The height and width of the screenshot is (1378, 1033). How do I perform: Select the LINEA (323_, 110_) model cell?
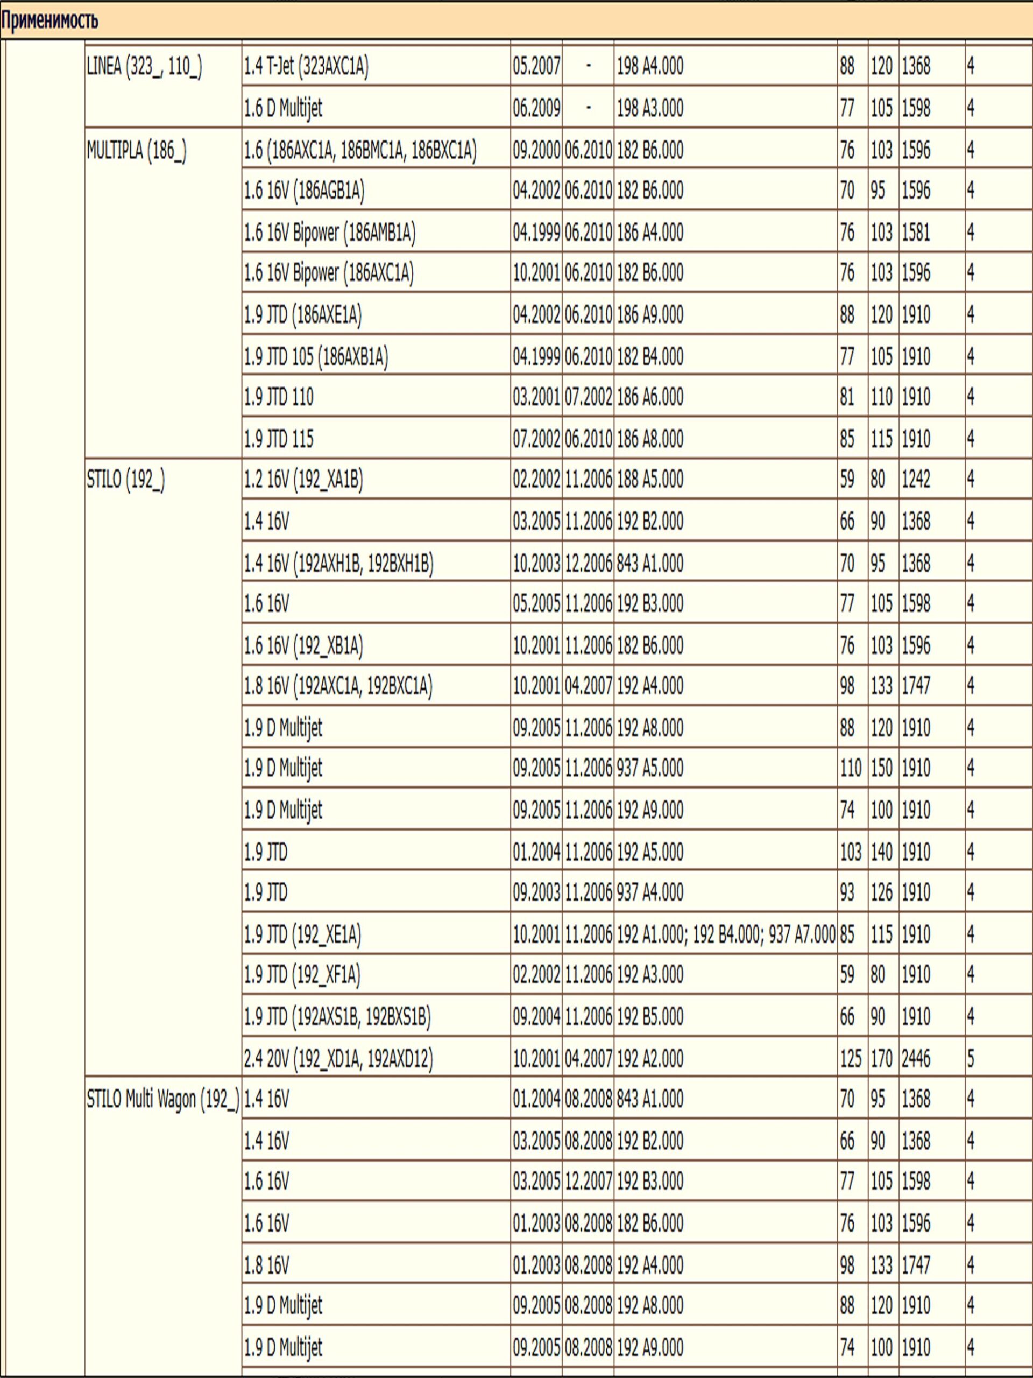(x=144, y=67)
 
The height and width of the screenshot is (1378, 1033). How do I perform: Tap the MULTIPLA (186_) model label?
(x=136, y=150)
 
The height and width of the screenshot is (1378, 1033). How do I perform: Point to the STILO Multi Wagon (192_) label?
(x=162, y=1100)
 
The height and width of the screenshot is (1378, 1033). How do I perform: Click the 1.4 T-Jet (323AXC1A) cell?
(x=306, y=67)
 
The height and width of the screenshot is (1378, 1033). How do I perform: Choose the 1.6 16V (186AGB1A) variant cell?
(x=304, y=191)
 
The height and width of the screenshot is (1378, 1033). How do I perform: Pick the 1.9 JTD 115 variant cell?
(x=278, y=439)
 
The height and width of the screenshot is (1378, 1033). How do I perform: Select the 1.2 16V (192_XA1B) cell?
(x=303, y=480)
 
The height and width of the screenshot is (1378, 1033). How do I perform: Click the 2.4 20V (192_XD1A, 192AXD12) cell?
(x=338, y=1058)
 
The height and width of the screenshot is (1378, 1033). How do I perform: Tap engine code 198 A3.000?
(x=649, y=108)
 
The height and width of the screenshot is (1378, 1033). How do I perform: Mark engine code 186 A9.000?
(x=649, y=314)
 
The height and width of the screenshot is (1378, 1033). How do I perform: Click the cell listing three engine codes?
(x=725, y=934)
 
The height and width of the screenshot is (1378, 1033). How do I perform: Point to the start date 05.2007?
(x=536, y=67)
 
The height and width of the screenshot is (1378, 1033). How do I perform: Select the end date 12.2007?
(x=589, y=1181)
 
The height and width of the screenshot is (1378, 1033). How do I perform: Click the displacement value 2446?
(x=916, y=1058)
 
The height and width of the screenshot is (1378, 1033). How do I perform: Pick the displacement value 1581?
(x=916, y=233)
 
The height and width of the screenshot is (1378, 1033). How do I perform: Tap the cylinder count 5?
(x=971, y=1058)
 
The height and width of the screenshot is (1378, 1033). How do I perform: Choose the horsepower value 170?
(x=882, y=1058)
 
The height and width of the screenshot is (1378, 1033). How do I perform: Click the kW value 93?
(x=847, y=892)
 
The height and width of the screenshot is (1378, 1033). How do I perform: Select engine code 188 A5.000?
(x=649, y=480)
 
